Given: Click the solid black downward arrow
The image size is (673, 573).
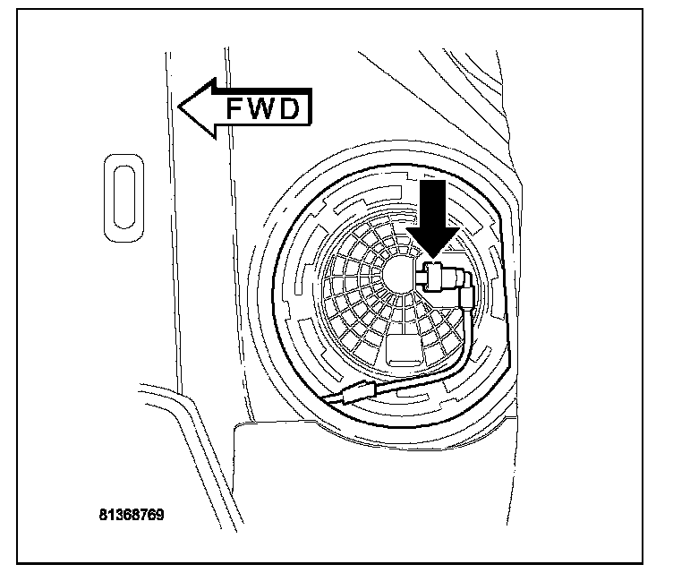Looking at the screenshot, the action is coord(434,215).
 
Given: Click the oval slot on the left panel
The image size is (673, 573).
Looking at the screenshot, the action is coord(124,197).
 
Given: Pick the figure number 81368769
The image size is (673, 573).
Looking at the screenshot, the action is coord(132,517).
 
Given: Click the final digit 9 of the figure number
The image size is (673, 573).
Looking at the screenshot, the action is coord(161,517).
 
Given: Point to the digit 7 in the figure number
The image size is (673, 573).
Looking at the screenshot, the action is coord(145,517).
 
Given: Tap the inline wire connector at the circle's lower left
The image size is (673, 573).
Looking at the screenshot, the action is coord(360,395).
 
